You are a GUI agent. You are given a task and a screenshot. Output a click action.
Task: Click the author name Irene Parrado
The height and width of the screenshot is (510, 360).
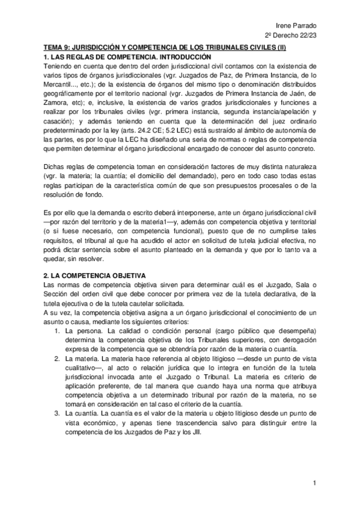pyautogui.click(x=299, y=25)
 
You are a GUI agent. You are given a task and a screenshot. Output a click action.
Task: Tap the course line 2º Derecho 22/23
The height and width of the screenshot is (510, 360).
pyautogui.click(x=291, y=35)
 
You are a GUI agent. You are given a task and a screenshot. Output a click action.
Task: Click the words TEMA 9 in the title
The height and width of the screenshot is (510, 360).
pyautogui.click(x=58, y=47)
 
